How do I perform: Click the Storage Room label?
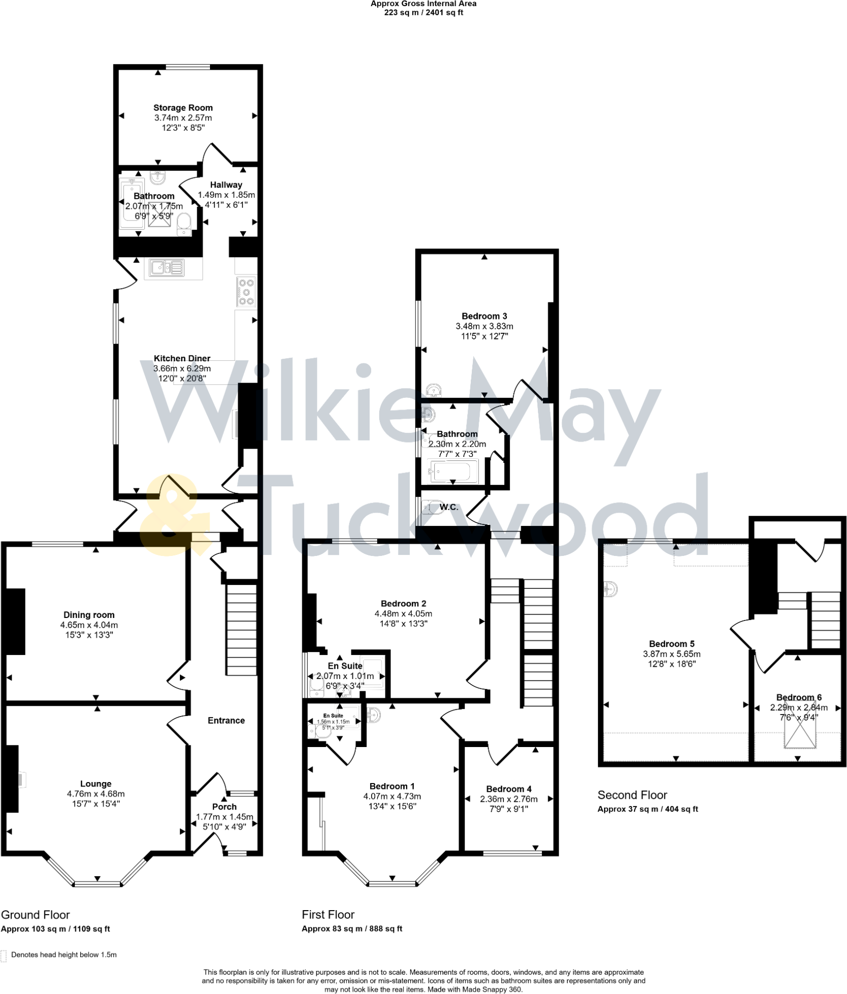pos(183,108)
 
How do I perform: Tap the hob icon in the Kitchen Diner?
pos(246,292)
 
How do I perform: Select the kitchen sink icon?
pos(167,267)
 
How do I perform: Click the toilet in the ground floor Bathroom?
pos(184,224)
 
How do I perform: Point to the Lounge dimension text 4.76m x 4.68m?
pos(96,793)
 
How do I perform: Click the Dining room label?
pos(89,615)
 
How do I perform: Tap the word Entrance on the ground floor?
pos(226,720)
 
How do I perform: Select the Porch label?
pos(224,806)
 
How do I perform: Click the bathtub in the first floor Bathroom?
pos(453,471)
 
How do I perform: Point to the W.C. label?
pos(449,507)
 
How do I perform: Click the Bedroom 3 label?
pos(484,316)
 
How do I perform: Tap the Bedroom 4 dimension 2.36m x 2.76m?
pos(508,799)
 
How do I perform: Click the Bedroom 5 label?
pos(672,644)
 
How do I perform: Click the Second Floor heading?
pos(632,795)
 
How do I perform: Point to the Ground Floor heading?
pos(35,915)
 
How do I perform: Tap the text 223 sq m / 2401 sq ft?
pos(423,13)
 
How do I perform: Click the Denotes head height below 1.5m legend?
pos(64,954)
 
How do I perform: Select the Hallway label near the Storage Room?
pos(226,185)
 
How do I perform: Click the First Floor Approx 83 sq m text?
pos(352,928)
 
